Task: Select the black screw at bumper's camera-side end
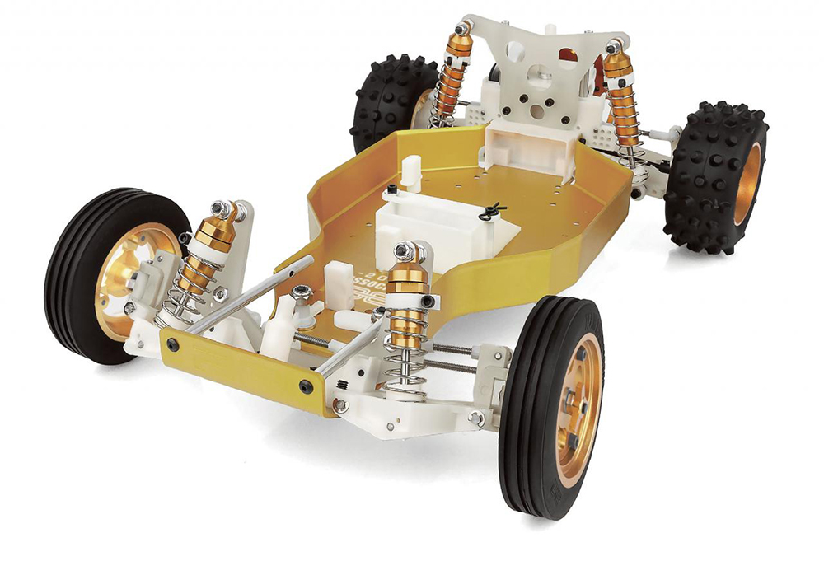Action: coord(307,386)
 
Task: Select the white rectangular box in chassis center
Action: coord(428,218)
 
